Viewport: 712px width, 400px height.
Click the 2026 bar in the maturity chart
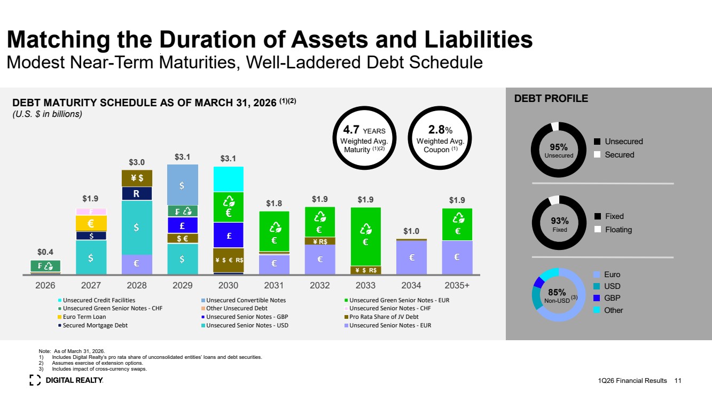click(x=45, y=267)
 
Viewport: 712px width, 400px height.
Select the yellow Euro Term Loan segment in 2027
click(x=91, y=223)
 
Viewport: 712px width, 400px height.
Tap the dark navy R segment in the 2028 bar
click(x=137, y=193)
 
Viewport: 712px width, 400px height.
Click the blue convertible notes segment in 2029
click(x=183, y=185)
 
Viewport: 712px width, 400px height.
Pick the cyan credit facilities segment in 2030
click(x=228, y=179)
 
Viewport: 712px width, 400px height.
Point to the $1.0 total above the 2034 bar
click(x=411, y=231)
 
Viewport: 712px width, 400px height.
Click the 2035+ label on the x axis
click(x=457, y=285)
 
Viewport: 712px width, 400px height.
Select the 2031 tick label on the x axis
click(x=273, y=285)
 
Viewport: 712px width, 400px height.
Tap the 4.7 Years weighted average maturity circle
click(x=364, y=138)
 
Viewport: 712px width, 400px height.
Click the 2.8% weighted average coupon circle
click(x=440, y=138)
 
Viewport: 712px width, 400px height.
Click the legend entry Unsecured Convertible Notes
click(x=244, y=300)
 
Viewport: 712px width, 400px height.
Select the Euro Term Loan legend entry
click(x=82, y=317)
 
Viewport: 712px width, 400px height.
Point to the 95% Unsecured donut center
click(x=559, y=150)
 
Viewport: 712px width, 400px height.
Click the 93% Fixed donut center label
click(x=560, y=224)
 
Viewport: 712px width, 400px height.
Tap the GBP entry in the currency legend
click(x=607, y=298)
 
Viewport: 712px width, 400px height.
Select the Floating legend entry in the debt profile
click(x=613, y=230)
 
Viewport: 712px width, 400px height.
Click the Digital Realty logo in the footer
click(x=66, y=380)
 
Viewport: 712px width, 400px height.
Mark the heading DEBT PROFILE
click(x=551, y=98)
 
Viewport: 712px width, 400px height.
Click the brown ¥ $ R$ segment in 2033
click(x=365, y=270)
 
